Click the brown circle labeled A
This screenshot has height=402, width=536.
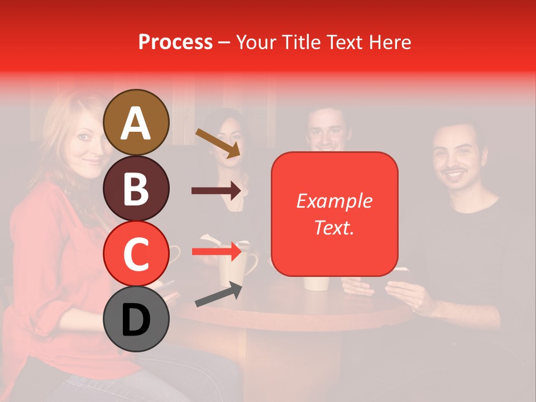[136, 122]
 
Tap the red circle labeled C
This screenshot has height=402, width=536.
[136, 253]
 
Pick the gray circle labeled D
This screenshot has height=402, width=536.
[136, 319]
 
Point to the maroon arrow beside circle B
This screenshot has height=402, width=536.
[216, 190]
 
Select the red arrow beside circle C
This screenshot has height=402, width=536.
[216, 252]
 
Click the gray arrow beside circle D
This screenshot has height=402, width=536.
[218, 295]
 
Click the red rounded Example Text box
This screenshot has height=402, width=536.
[334, 214]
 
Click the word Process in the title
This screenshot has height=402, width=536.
[175, 42]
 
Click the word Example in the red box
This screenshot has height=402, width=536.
[334, 201]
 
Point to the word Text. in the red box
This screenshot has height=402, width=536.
[334, 227]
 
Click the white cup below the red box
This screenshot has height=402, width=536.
[315, 283]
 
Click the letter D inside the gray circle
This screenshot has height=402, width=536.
[136, 320]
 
